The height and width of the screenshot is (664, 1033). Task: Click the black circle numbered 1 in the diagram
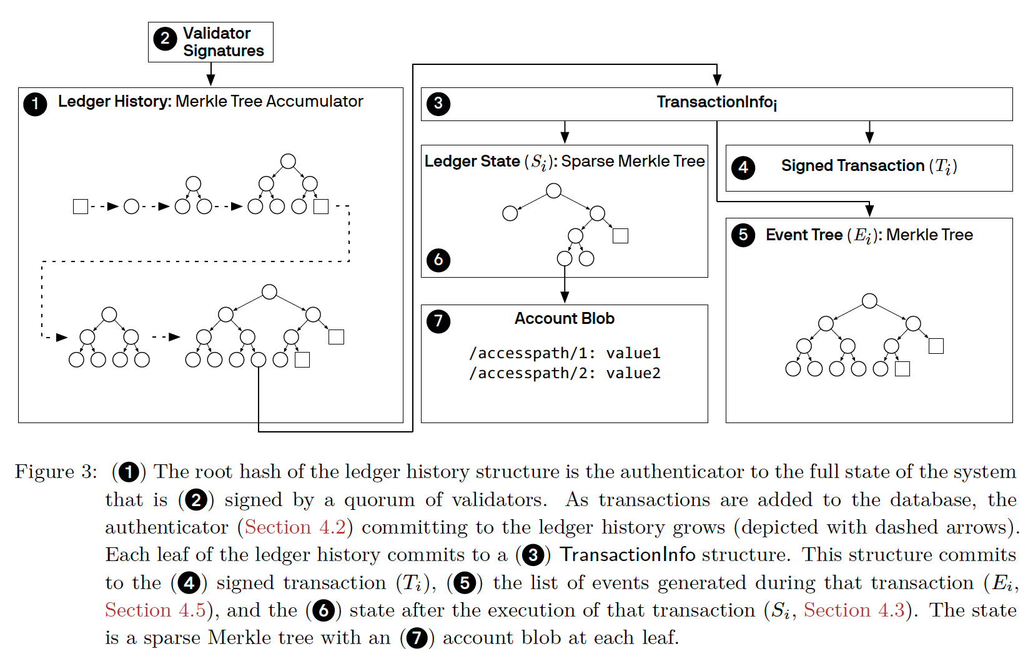click(35, 104)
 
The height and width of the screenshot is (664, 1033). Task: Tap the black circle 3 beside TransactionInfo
click(438, 104)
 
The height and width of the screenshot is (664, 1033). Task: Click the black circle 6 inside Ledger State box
click(438, 260)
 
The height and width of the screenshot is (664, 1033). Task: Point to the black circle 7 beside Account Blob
click(438, 321)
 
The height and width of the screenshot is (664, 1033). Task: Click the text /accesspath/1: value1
click(565, 353)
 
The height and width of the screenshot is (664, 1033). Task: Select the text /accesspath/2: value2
click(565, 373)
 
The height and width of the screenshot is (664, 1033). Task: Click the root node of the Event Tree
click(869, 301)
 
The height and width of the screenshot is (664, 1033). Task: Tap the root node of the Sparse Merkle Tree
click(553, 190)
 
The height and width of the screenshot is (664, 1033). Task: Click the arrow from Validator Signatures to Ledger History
click(210, 74)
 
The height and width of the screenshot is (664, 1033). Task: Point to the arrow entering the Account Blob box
click(565, 285)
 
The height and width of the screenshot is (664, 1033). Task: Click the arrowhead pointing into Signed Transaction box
click(869, 138)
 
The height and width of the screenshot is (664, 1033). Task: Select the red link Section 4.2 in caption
click(295, 527)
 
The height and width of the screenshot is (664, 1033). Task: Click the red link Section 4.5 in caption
click(155, 610)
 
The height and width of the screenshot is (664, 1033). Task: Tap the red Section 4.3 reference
click(854, 610)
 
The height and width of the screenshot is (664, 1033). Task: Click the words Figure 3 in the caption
click(56, 472)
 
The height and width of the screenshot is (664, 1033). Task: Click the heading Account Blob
click(565, 318)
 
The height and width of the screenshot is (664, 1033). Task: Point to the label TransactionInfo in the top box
click(716, 102)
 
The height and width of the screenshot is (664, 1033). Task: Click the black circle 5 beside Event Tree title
click(743, 235)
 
